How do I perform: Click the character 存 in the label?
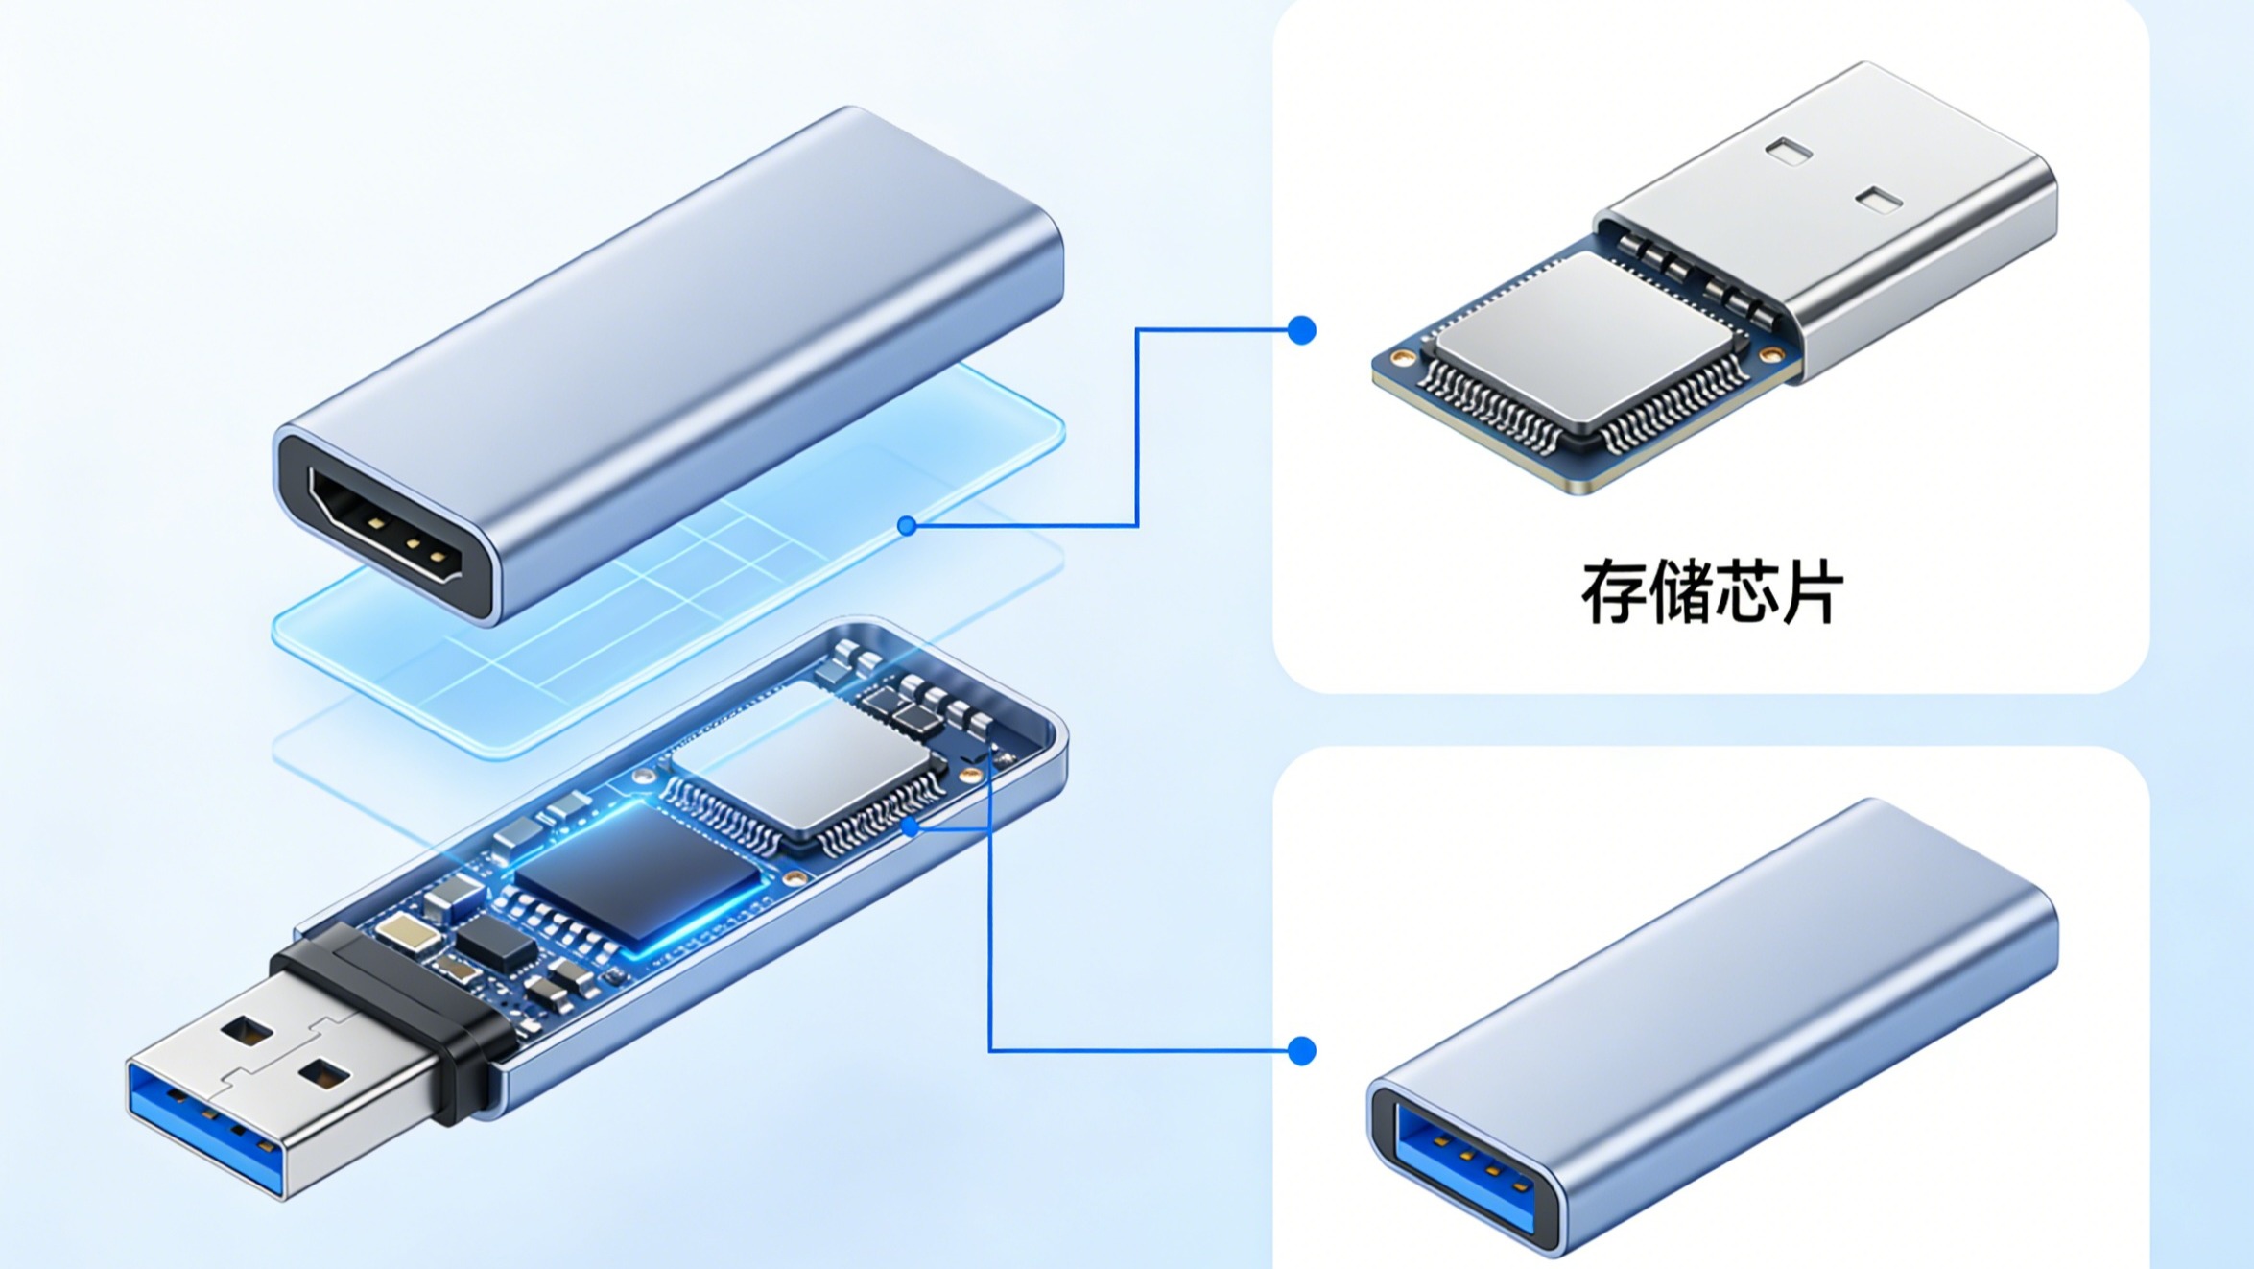(1614, 592)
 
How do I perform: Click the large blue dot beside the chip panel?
(1301, 330)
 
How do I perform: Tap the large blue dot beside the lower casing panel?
(1301, 1050)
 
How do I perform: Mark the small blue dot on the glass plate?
(906, 525)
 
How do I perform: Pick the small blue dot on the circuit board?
(910, 826)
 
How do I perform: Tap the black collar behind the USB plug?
(389, 1018)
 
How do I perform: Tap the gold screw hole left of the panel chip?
(1402, 358)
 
